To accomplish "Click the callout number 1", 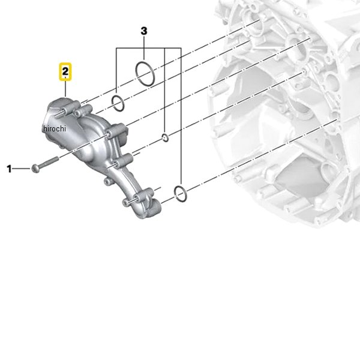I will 9,169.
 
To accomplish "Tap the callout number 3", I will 143,30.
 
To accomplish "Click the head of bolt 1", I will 37,168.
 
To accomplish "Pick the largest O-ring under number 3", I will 144,73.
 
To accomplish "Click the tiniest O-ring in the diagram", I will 165,139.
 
